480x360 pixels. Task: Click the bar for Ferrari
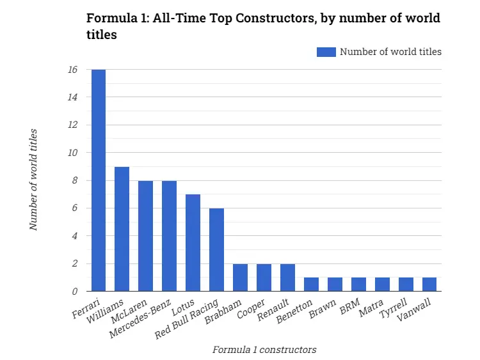tap(99, 180)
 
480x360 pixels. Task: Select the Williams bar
tap(122, 229)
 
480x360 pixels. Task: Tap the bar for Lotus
tap(193, 243)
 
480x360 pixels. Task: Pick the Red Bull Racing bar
tap(217, 250)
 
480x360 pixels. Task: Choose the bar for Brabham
tap(241, 278)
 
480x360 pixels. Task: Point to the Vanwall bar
tap(430, 285)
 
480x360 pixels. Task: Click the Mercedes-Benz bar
tap(170, 236)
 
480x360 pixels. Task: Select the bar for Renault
tap(288, 278)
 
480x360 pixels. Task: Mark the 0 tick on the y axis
tap(74, 292)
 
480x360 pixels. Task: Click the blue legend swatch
tap(326, 52)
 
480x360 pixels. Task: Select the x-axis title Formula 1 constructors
tap(264, 349)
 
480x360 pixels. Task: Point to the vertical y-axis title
tap(35, 180)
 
